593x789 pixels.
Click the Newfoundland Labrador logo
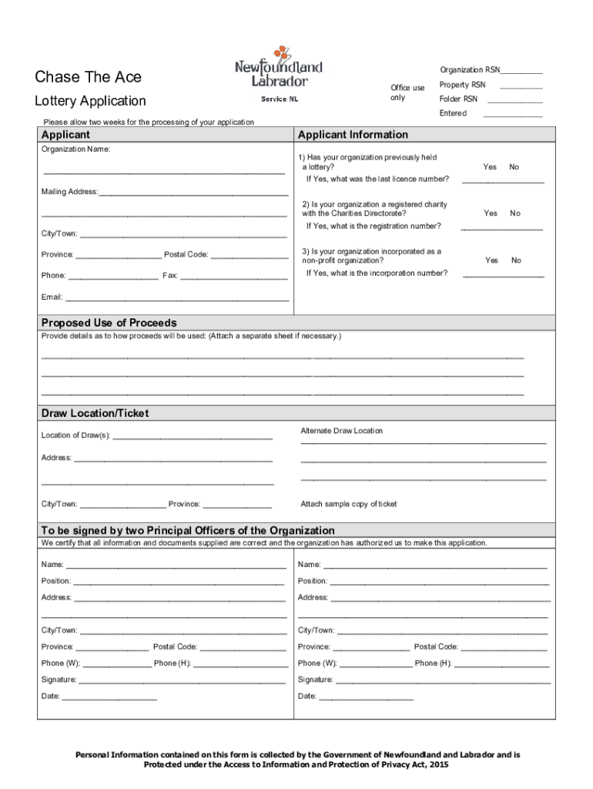click(278, 67)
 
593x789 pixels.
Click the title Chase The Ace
click(88, 77)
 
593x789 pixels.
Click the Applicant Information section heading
click(353, 135)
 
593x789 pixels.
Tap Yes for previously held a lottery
click(489, 167)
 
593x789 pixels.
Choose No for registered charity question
click(514, 213)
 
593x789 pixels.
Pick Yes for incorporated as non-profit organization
click(491, 260)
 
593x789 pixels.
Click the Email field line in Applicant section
click(177, 297)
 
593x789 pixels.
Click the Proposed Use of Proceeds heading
click(109, 323)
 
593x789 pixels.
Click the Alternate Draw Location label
click(341, 431)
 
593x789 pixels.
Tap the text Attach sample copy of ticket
click(348, 504)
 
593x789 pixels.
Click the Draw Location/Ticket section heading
click(95, 414)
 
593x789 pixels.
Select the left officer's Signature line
click(182, 680)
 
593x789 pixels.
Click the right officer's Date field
click(366, 697)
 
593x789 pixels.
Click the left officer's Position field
click(178, 582)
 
